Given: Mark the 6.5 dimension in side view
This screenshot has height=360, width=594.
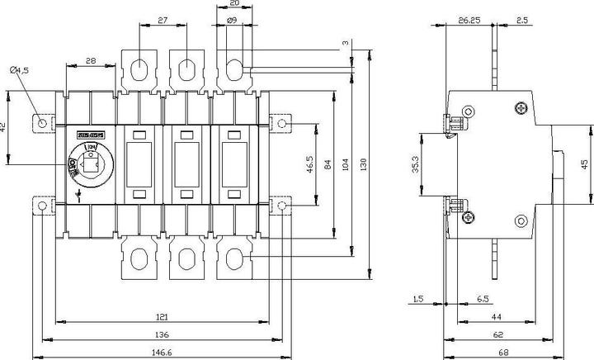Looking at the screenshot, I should coord(481,300).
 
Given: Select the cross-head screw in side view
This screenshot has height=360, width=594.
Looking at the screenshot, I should coord(521,108).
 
